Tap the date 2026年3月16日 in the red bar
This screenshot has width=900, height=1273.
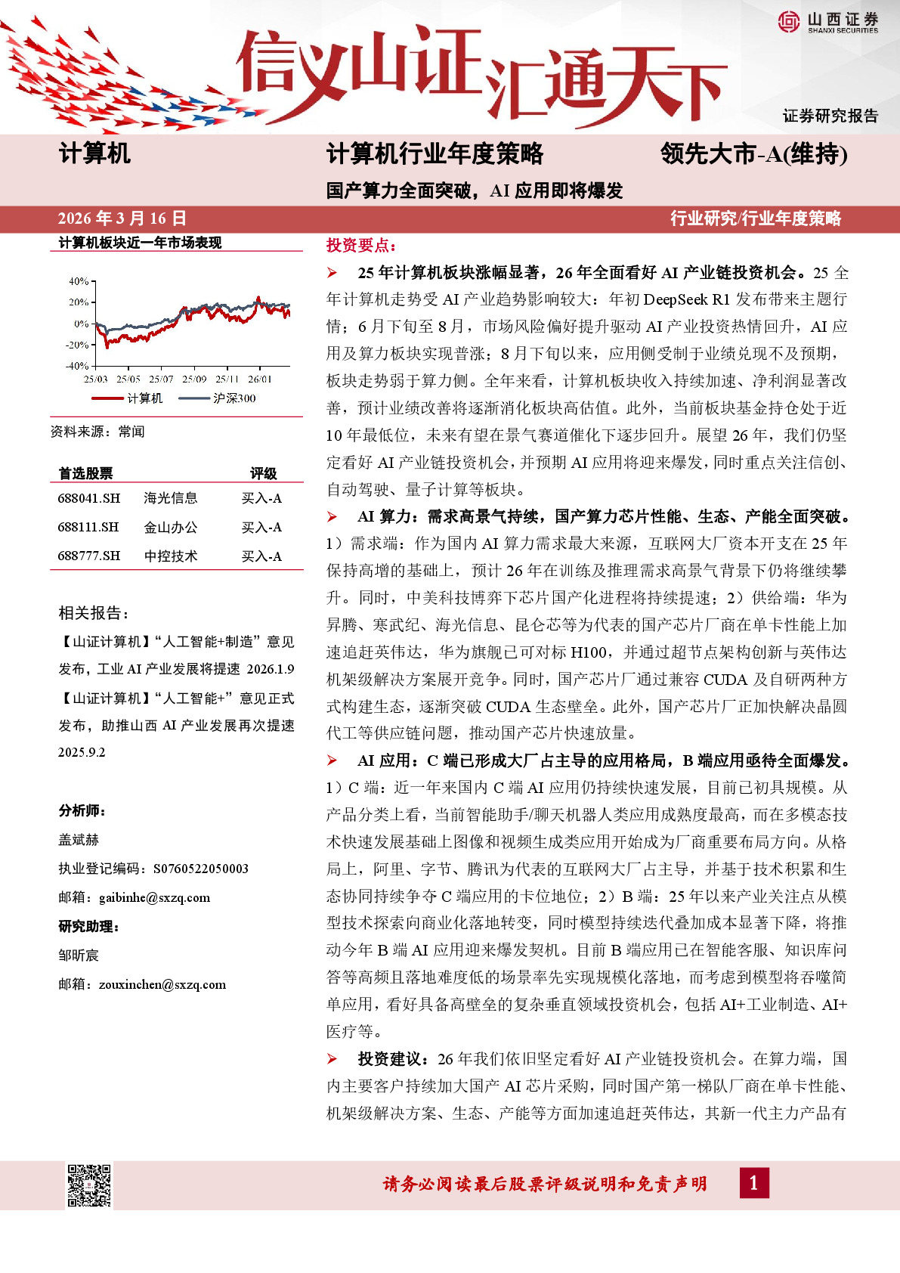tap(122, 218)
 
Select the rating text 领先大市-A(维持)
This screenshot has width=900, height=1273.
tap(753, 154)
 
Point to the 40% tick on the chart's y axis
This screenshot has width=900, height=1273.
tap(79, 281)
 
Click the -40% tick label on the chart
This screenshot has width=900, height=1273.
tap(77, 366)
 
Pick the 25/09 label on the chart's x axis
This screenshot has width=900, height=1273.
tap(194, 379)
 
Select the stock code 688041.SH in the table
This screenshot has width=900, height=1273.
tap(89, 498)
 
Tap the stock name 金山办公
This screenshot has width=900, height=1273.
tap(171, 527)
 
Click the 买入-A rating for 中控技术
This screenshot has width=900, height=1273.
tap(261, 556)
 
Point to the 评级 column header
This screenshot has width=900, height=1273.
tap(263, 473)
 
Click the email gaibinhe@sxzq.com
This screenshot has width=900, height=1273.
tap(154, 897)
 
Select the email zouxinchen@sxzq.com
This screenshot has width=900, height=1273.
tap(162, 984)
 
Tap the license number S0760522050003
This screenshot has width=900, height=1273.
tap(200, 869)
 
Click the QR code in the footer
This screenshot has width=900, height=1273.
tap(89, 1185)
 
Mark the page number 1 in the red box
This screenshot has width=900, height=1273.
tap(753, 1183)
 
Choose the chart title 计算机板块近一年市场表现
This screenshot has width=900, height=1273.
tap(140, 243)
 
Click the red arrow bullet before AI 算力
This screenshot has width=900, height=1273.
tap(332, 517)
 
